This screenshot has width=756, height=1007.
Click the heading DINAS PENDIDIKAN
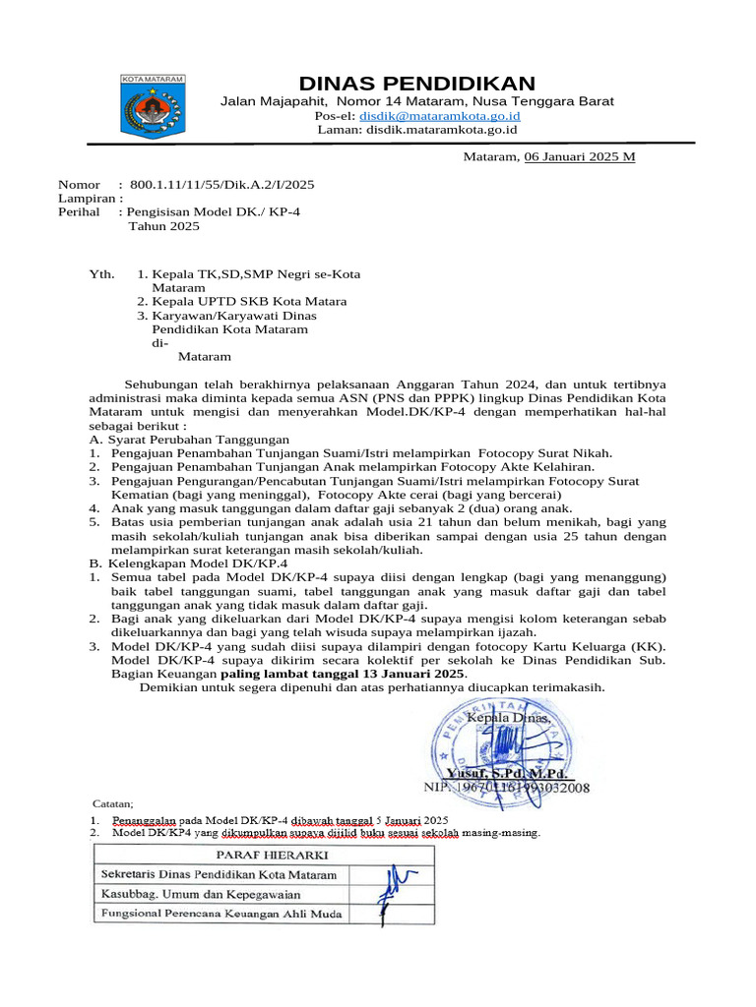click(417, 83)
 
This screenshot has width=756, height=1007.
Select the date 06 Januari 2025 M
click(579, 156)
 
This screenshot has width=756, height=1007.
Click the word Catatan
click(112, 803)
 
